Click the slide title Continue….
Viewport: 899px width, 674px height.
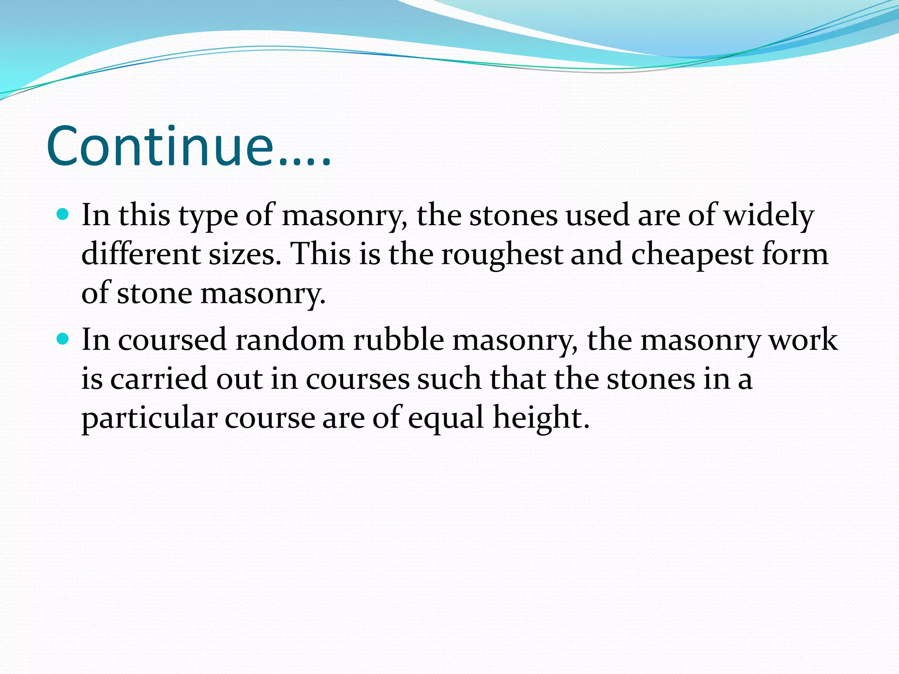coord(189,146)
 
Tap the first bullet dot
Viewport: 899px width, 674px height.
coord(64,215)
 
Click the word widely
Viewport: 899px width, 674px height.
coord(768,216)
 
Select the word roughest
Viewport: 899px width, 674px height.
coord(502,255)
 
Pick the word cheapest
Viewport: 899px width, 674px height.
coord(692,255)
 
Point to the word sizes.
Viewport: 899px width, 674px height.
coord(244,254)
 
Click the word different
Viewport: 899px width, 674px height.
coord(141,254)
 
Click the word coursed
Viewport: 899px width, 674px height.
coord(172,340)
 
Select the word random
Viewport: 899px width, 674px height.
coord(290,340)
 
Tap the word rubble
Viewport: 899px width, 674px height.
coord(399,340)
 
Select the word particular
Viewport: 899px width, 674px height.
coord(149,418)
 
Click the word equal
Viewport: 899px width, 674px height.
coord(446,418)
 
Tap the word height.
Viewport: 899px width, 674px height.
coord(541,418)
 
